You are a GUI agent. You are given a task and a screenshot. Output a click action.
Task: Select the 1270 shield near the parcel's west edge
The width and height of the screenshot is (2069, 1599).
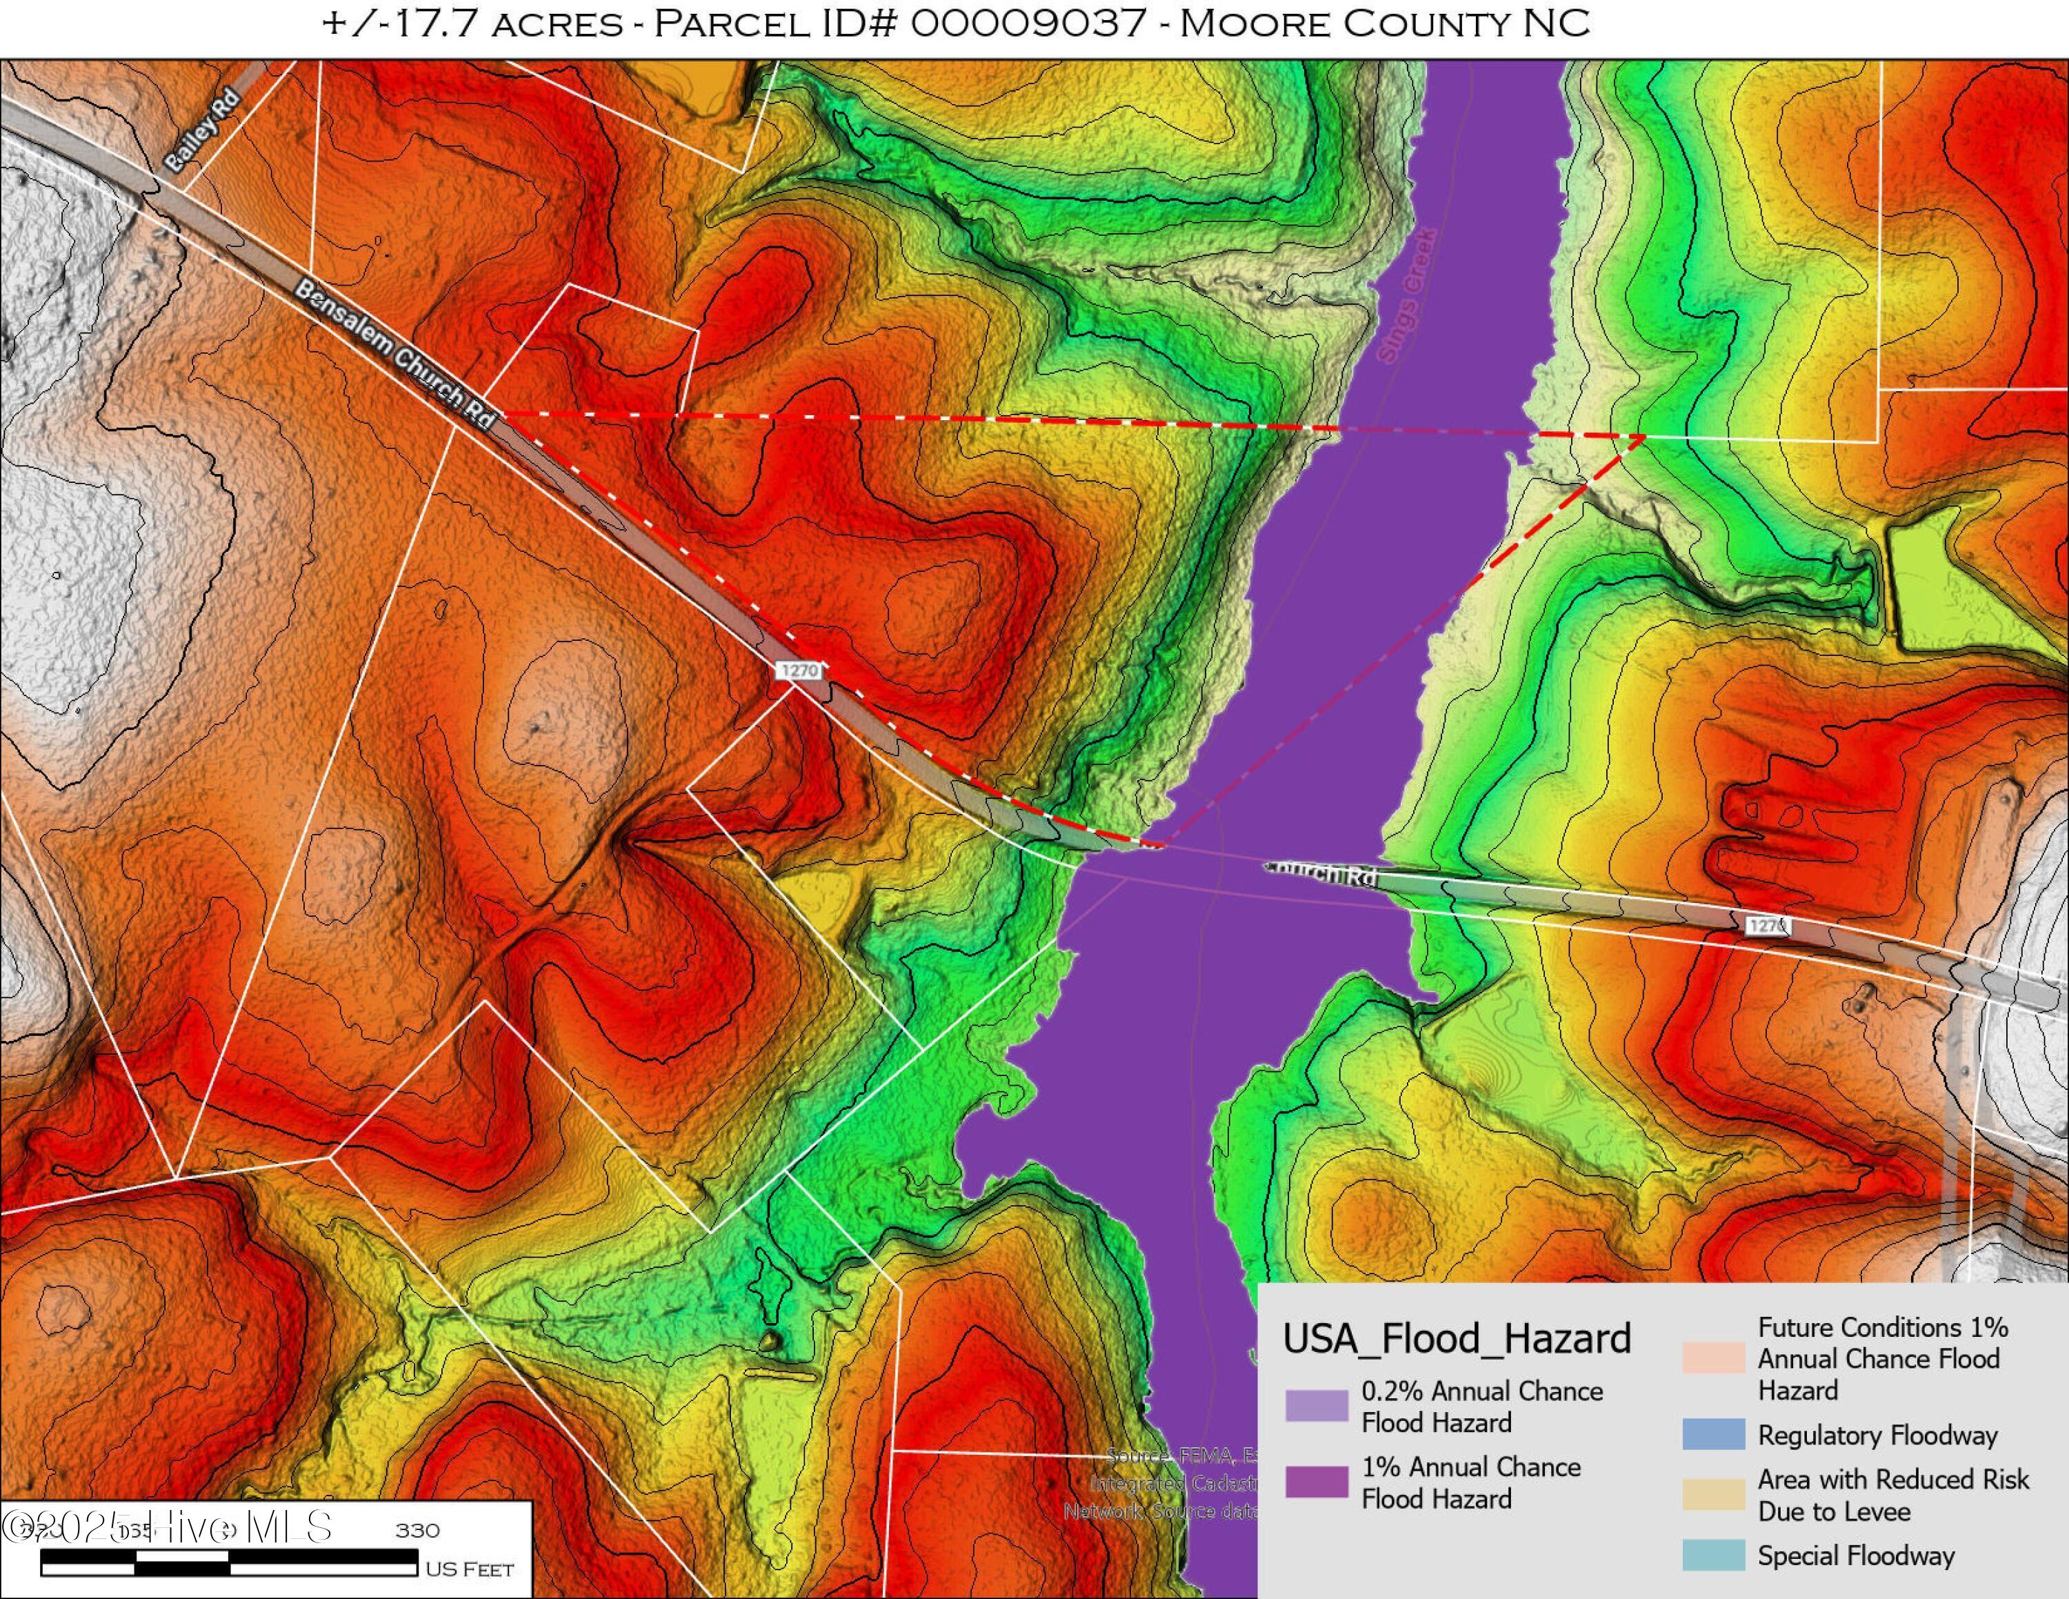click(799, 670)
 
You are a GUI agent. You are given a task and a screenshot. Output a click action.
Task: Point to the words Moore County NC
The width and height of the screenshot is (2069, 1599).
click(1384, 23)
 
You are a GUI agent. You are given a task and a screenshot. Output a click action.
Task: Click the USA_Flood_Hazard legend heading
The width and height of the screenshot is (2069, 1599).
click(1456, 1338)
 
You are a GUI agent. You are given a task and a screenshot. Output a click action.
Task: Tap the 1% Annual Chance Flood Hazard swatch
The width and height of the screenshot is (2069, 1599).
click(1316, 1482)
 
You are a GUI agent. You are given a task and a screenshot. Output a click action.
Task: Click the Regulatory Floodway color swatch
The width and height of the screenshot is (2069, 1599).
click(1713, 1434)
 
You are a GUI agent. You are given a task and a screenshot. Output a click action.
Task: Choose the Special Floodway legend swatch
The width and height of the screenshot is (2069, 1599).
click(1713, 1556)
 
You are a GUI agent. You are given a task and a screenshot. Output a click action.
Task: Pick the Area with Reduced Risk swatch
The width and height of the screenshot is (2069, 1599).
click(1713, 1494)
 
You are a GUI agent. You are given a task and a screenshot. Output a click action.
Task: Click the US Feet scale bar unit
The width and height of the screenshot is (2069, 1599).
click(469, 1569)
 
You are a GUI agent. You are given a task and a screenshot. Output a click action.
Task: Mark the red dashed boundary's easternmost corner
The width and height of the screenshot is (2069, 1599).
click(1643, 436)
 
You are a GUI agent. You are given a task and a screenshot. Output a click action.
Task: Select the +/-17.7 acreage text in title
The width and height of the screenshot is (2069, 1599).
click(399, 23)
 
